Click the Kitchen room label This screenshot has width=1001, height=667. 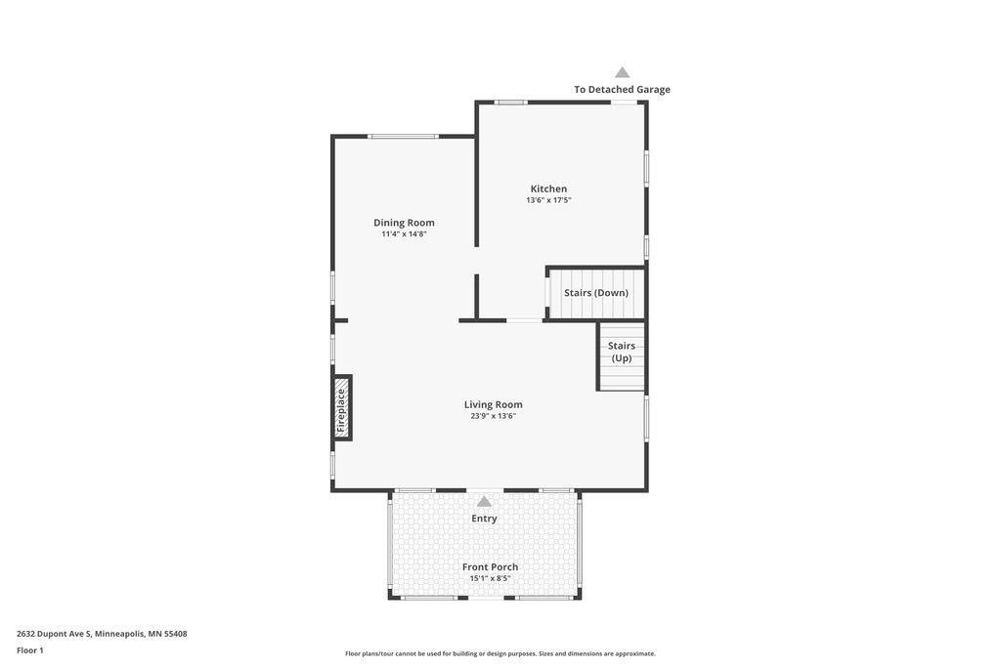[x=548, y=188]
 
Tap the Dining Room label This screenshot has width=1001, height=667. [x=404, y=222]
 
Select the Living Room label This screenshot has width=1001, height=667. [x=493, y=404]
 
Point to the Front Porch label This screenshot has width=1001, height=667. [x=490, y=566]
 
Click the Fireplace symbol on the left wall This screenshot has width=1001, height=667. [x=341, y=408]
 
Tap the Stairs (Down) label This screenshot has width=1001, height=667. [x=595, y=293]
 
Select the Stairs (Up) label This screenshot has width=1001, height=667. [x=622, y=352]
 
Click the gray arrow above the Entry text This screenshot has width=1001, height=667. [x=484, y=502]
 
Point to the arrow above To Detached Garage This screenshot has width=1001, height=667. [x=622, y=72]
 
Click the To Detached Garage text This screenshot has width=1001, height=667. [x=622, y=89]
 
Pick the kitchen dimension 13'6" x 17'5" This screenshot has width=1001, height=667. [x=548, y=200]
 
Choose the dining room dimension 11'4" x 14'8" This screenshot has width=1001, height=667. [x=404, y=233]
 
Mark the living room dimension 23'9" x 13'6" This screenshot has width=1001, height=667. [x=493, y=416]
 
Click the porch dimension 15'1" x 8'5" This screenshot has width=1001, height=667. [x=490, y=578]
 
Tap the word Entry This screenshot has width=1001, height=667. [x=484, y=519]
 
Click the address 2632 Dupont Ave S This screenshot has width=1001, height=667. [x=102, y=634]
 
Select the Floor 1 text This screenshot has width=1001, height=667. [x=30, y=650]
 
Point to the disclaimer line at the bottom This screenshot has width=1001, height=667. [x=500, y=653]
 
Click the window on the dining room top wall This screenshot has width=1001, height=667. [x=403, y=136]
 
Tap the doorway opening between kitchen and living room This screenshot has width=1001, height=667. [x=525, y=320]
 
